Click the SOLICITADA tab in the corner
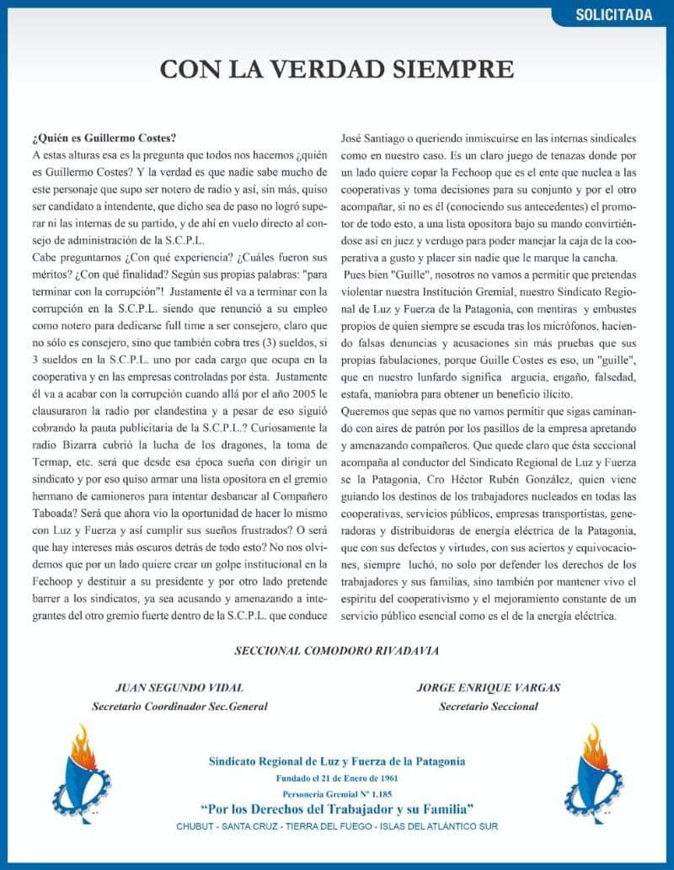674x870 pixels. tap(614, 14)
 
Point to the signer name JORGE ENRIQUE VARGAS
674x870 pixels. tap(489, 688)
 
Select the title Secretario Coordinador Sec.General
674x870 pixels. tap(179, 707)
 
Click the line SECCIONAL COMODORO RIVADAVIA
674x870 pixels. tap(336, 650)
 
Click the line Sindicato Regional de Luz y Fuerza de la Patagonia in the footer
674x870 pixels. tap(337, 761)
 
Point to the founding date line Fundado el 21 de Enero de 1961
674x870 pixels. tap(337, 778)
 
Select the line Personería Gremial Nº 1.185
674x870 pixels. tap(337, 793)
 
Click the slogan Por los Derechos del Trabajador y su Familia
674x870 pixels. tap(337, 809)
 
